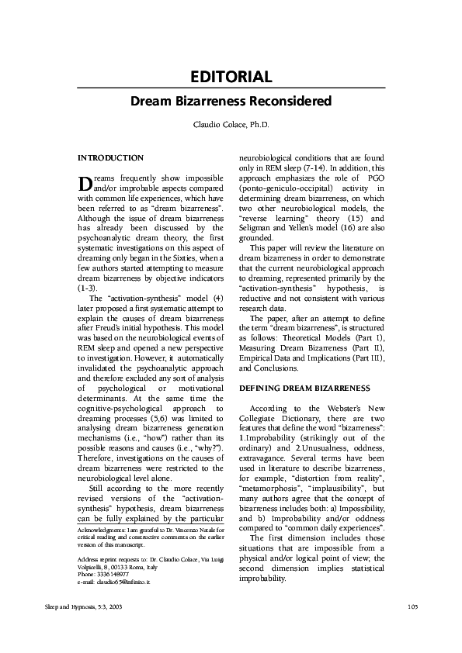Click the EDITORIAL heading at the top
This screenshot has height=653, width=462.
pos(231,77)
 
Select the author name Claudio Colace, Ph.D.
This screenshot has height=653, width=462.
pos(231,125)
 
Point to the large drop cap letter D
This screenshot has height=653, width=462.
pos(85,183)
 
